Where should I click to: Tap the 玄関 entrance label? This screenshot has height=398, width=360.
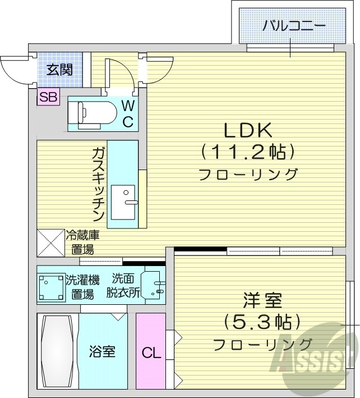(59, 70)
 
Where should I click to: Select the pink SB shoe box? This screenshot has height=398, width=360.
(48, 97)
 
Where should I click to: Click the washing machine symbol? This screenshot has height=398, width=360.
(50, 287)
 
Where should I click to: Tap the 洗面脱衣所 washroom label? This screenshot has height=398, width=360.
(122, 285)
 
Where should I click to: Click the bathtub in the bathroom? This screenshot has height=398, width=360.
(57, 351)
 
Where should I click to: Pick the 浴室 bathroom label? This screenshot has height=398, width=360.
(102, 352)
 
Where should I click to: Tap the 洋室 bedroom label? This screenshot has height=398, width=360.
(262, 300)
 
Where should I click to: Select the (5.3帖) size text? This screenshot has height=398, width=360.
(262, 322)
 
